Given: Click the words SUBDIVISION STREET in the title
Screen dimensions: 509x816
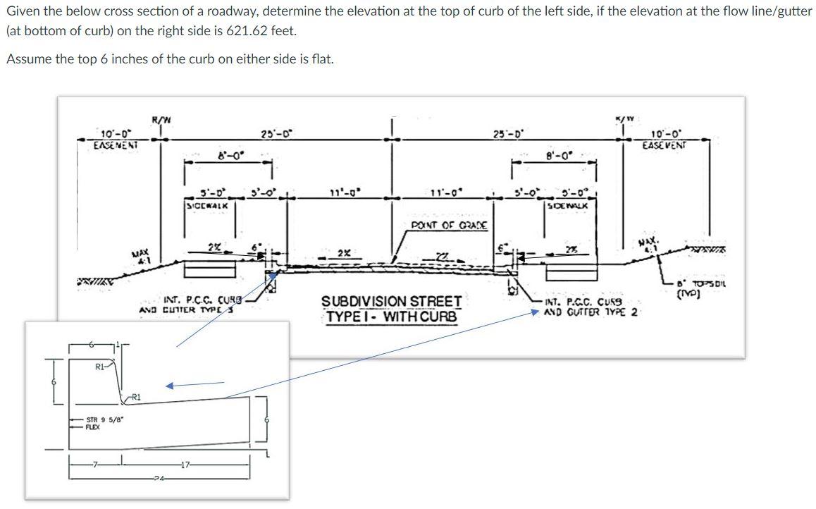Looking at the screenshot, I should coord(392,301).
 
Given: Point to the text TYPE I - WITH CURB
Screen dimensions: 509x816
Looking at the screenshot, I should coord(392,317).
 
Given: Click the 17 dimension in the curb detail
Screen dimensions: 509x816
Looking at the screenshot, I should coord(185,462).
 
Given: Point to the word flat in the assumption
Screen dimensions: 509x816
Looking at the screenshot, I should coord(322,58).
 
